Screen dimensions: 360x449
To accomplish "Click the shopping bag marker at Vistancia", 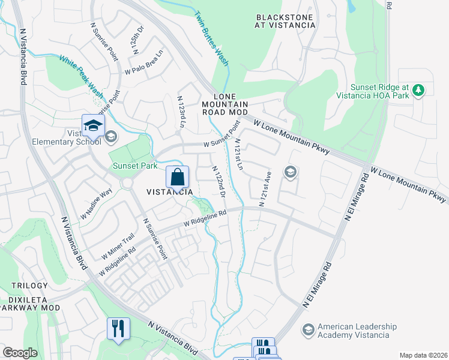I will tap(178, 178).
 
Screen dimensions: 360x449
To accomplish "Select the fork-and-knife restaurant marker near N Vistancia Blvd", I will tap(118, 329).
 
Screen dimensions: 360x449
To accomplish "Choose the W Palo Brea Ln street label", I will tap(144, 63).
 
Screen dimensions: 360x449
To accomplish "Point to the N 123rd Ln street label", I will tap(181, 111).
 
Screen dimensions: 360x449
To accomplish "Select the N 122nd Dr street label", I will tap(218, 182).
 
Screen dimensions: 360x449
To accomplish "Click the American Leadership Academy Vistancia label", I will tap(357, 331).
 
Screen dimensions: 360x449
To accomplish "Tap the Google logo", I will tap(20, 353).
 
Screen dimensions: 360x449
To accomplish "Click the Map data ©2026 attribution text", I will tap(423, 355).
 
